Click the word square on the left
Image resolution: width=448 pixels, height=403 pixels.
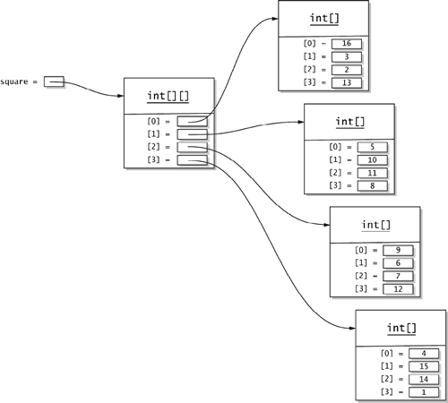click(14, 81)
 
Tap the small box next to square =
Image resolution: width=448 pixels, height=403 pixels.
click(54, 81)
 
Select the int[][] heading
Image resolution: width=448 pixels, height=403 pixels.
click(168, 96)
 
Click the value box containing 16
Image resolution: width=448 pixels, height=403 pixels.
click(347, 44)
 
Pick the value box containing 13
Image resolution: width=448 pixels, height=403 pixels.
click(347, 82)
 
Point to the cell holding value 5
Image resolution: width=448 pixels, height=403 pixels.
click(373, 147)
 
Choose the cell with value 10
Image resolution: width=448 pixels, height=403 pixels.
click(373, 160)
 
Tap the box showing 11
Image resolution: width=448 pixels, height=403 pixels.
click(373, 173)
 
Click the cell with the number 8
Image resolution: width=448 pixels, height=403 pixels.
click(373, 185)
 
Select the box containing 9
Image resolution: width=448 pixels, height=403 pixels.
click(398, 250)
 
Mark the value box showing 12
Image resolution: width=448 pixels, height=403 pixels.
click(398, 289)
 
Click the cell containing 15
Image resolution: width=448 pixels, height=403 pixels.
click(424, 366)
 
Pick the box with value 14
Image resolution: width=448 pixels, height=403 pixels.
click(424, 379)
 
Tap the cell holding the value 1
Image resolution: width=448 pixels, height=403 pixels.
click(424, 392)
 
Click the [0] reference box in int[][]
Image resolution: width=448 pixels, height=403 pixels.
click(192, 121)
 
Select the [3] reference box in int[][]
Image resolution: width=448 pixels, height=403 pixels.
click(192, 160)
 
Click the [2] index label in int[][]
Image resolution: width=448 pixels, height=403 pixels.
click(153, 147)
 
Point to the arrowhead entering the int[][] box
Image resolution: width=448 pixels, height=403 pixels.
click(120, 96)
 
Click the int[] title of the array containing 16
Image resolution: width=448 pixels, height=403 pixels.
click(324, 19)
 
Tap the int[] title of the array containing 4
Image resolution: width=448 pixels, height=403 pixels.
click(401, 328)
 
